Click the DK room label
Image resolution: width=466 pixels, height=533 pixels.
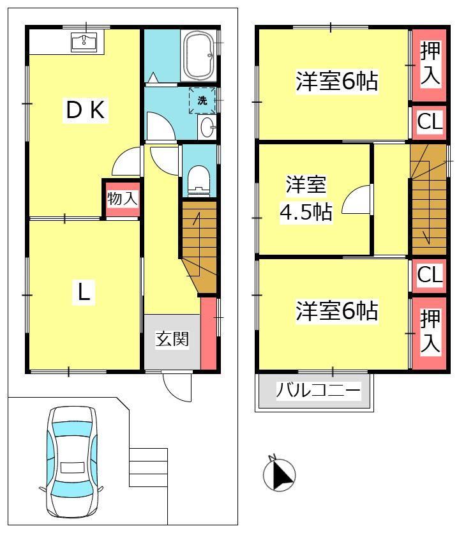click(86, 109)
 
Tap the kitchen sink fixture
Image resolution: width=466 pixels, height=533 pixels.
click(84, 42)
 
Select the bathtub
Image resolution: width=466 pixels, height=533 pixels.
click(199, 56)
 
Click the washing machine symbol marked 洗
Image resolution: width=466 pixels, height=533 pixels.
click(202, 101)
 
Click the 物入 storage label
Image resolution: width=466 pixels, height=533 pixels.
click(123, 198)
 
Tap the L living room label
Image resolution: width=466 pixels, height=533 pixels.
click(84, 292)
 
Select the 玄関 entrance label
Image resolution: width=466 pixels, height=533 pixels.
click(172, 338)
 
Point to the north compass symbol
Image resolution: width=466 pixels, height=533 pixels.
click(280, 474)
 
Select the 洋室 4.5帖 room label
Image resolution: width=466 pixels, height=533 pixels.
click(306, 199)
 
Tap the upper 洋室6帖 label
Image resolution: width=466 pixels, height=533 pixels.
click(336, 81)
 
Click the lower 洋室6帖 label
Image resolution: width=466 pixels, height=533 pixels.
click(336, 310)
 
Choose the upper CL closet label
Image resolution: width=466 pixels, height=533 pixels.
click(430, 122)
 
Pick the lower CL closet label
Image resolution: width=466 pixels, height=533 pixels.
click(430, 274)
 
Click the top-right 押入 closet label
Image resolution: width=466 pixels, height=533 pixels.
click(430, 63)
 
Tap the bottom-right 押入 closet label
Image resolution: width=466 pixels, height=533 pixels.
click(430, 331)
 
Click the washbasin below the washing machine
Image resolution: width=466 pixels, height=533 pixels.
click(207, 127)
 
